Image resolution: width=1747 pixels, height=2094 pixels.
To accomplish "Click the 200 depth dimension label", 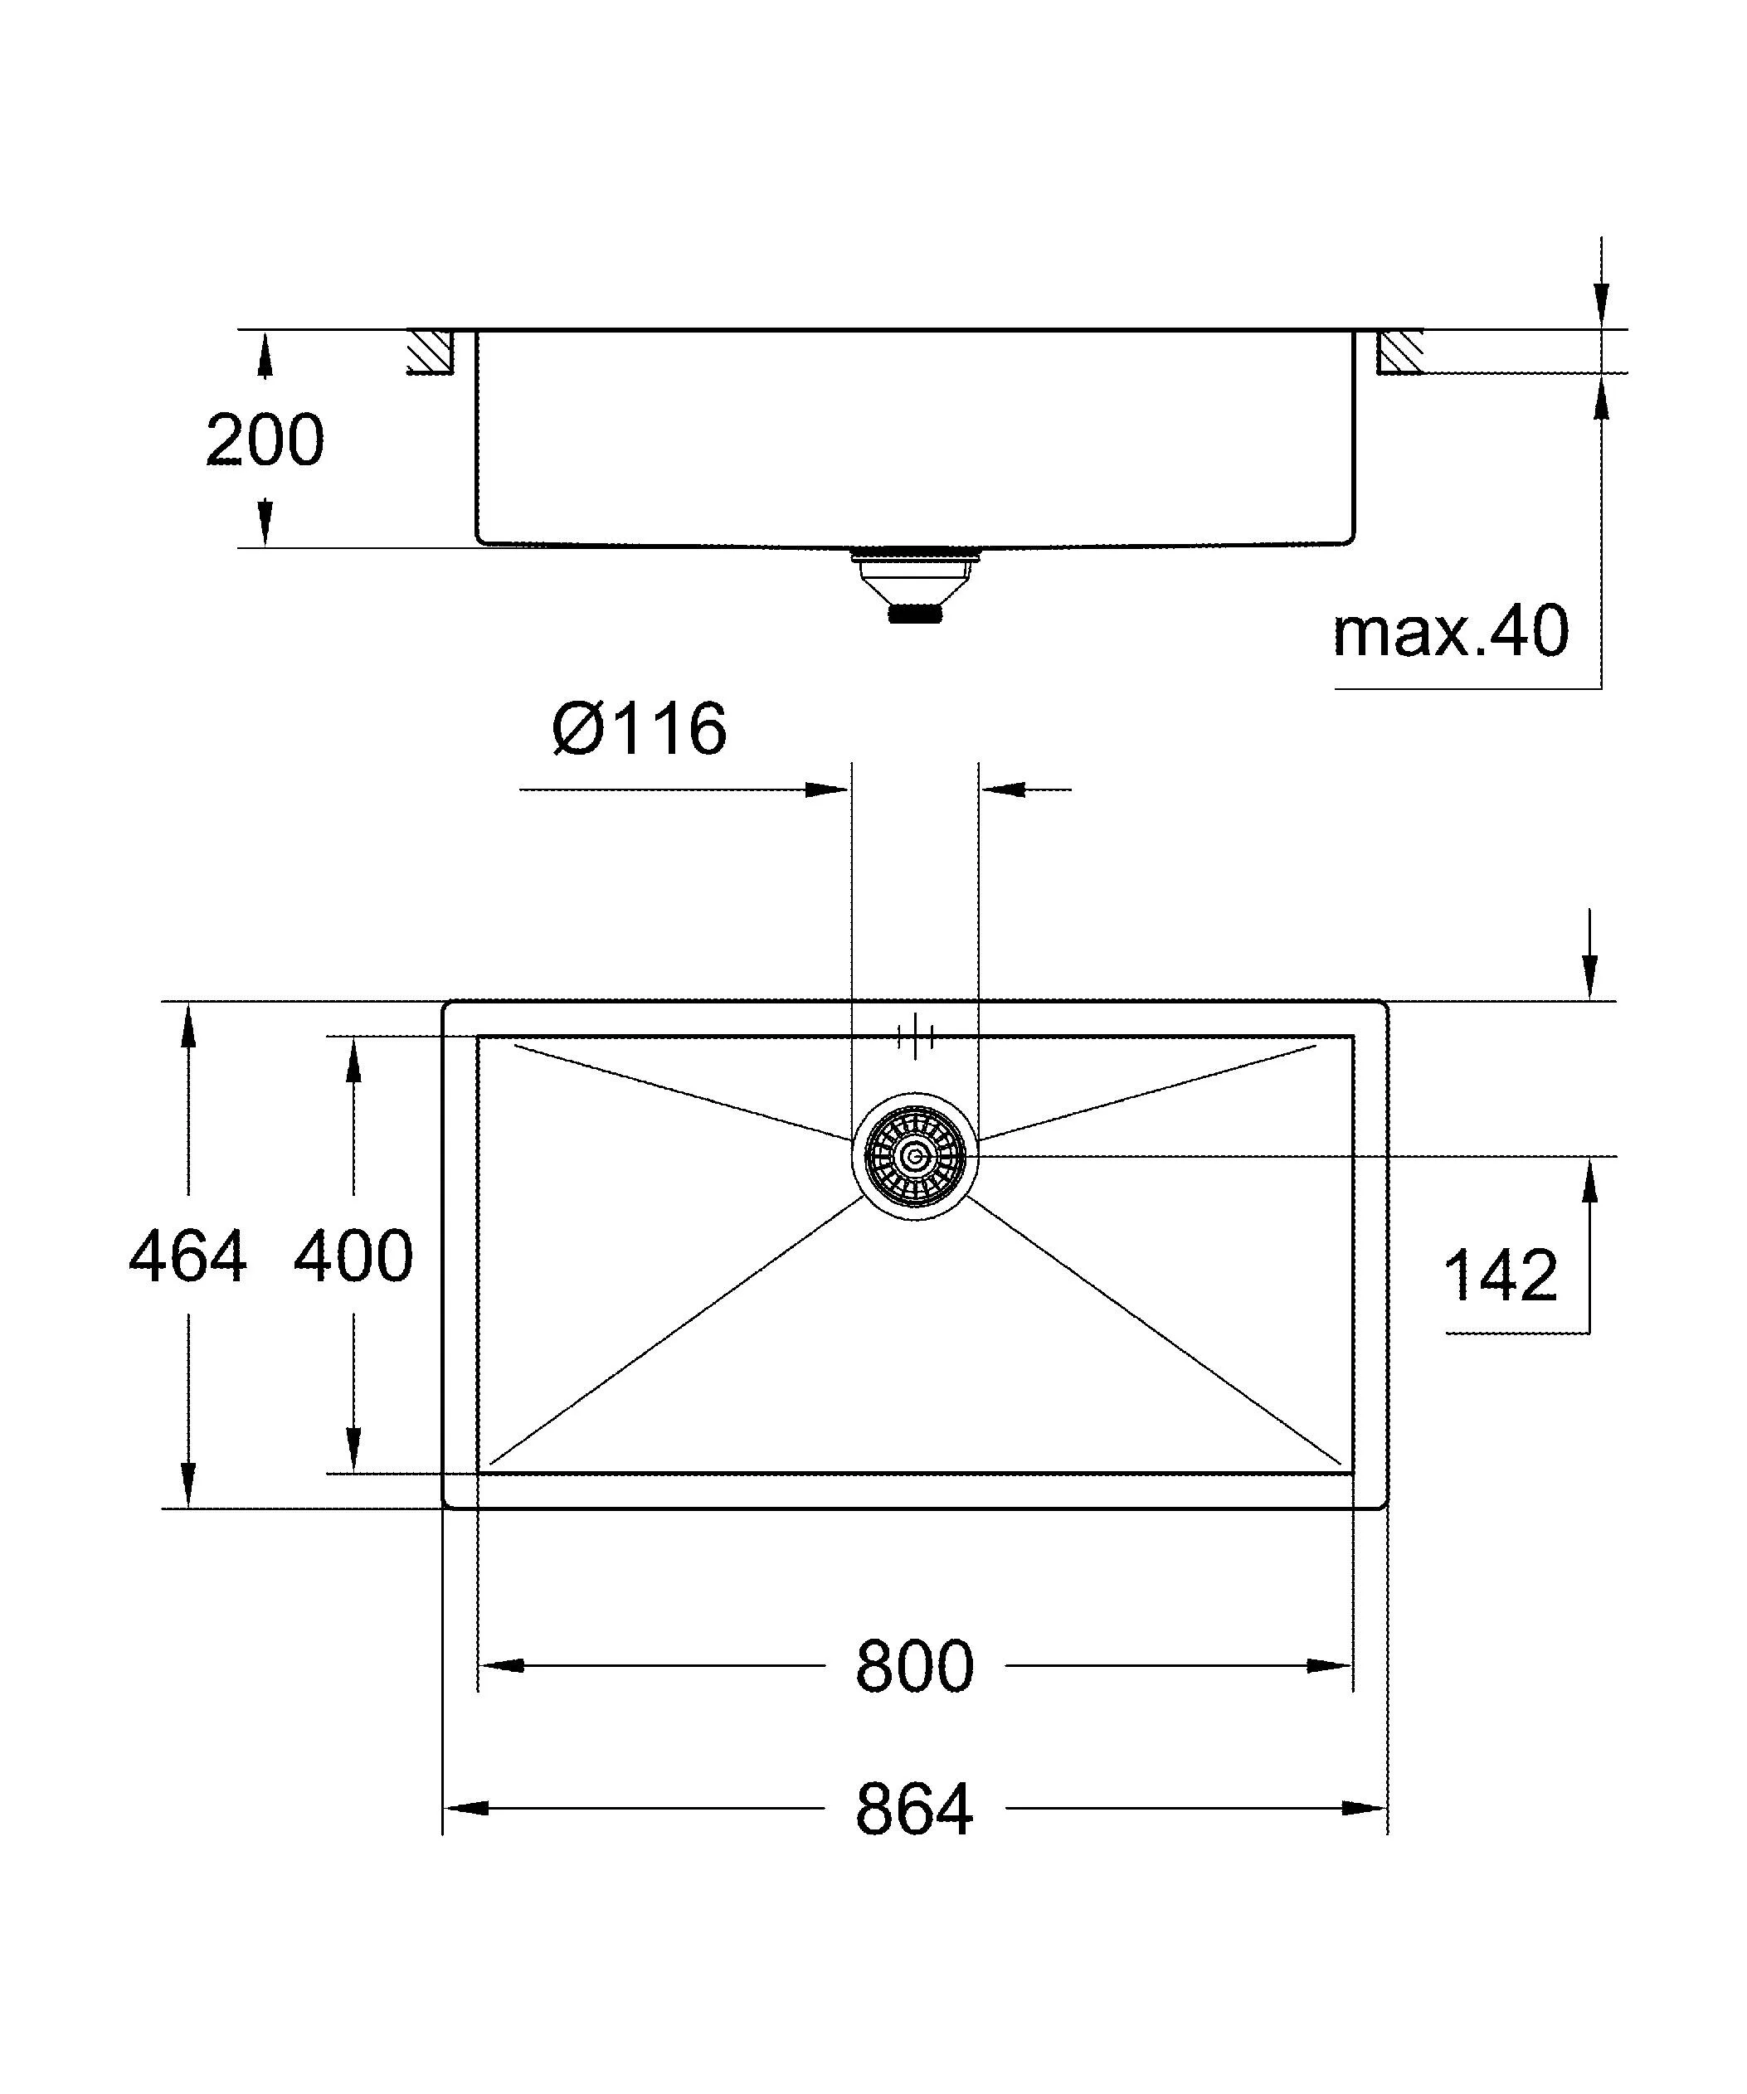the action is coord(265,440).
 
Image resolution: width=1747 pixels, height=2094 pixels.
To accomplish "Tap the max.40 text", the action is coord(1451,631).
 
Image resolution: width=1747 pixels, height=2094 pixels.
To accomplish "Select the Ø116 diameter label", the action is coord(640,729).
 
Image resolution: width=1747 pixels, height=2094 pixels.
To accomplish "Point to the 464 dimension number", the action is coord(187,1256).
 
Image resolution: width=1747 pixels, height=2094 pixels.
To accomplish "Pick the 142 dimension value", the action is coord(1500,1275).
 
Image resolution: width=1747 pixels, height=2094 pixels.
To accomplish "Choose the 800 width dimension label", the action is coord(914,1666).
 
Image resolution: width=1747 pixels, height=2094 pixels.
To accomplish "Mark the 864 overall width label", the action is coord(914,1810).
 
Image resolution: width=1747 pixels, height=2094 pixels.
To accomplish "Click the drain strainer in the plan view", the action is coord(914,1157).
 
